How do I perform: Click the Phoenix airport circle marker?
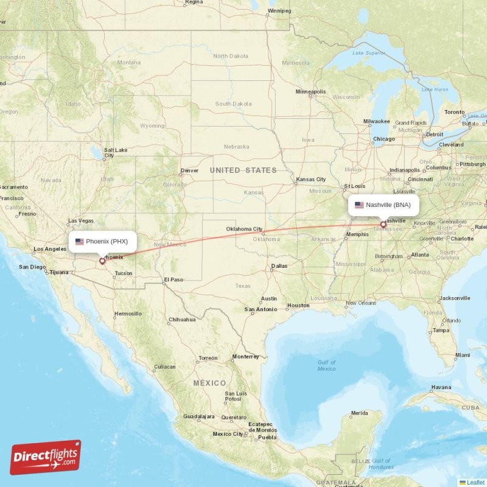tap(102, 261)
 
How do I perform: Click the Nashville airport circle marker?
tap(383, 225)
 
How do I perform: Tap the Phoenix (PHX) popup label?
tap(102, 242)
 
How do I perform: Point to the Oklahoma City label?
tap(244, 229)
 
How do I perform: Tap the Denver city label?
tap(189, 170)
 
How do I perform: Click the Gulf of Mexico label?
tap(326, 365)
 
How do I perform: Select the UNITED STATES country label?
tap(243, 170)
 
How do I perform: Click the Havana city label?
tap(441, 387)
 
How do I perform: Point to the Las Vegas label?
tap(80, 220)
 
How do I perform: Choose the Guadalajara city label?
tap(198, 416)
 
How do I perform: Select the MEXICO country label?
tap(209, 383)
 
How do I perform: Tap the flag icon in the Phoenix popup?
tap(79, 242)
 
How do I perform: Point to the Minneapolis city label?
tap(310, 91)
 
